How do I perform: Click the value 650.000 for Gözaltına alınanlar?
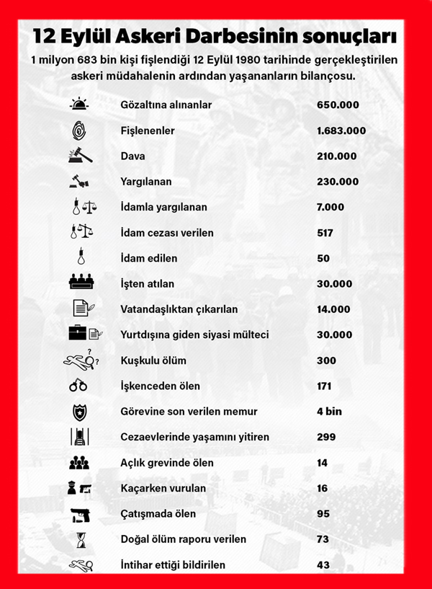click(338, 105)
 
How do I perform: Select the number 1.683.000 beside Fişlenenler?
click(341, 130)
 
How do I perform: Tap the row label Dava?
click(131, 156)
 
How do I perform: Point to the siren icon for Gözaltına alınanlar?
click(80, 105)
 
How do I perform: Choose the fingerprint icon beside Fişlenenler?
click(80, 130)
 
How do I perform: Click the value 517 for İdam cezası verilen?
click(326, 233)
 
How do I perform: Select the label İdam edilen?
click(148, 258)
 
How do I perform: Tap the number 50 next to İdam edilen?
click(323, 258)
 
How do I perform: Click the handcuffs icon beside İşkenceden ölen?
click(78, 386)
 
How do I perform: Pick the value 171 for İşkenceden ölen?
click(325, 386)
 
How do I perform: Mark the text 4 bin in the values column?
click(329, 412)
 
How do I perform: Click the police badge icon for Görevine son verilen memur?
click(79, 412)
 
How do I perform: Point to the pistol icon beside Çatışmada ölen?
click(80, 514)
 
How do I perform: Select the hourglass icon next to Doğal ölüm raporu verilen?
click(80, 539)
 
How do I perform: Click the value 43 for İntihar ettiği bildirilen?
click(323, 565)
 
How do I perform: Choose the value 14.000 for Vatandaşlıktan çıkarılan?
click(334, 309)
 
